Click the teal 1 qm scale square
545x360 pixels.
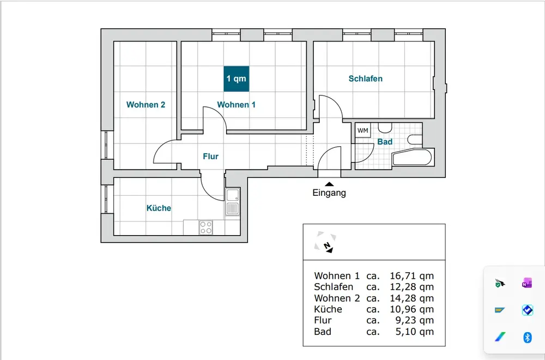(237, 79)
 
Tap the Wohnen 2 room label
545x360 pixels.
(146, 105)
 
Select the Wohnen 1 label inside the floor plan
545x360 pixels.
(237, 105)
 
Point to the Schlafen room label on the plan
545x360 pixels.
(365, 79)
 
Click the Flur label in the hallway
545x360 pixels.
(210, 157)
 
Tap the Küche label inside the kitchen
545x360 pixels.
(159, 208)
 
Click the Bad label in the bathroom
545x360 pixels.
(385, 142)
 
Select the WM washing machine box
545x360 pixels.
(362, 130)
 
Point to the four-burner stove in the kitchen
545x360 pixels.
(206, 227)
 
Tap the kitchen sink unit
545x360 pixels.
(232, 202)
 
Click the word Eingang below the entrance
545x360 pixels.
(329, 193)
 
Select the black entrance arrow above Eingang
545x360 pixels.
(329, 184)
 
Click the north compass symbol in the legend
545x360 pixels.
(325, 242)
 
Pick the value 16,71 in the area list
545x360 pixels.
(403, 276)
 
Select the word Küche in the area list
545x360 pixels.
(328, 309)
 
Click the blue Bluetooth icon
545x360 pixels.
(527, 338)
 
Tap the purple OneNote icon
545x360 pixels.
(527, 283)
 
